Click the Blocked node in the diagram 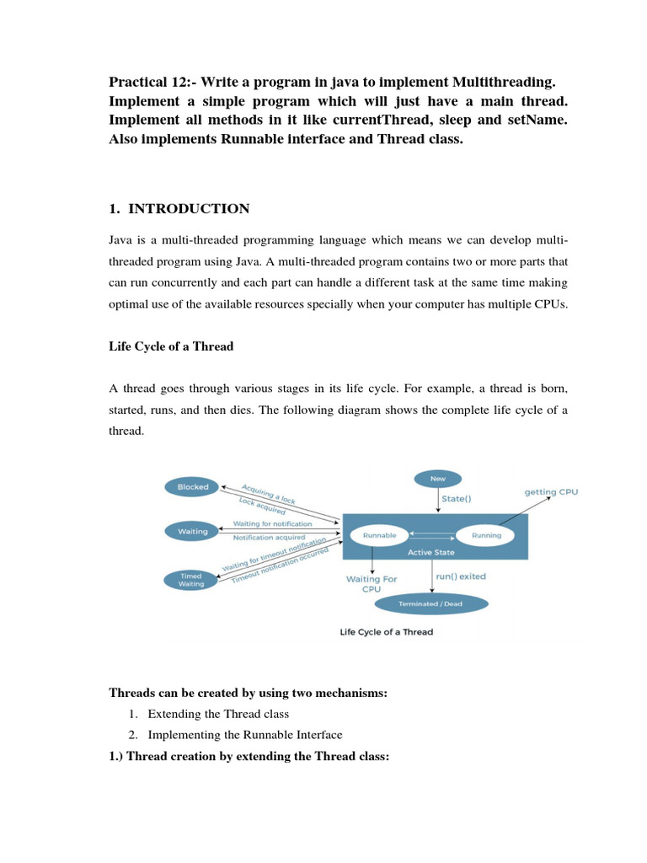tap(186, 487)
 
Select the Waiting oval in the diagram tap(192, 532)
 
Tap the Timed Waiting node tap(190, 580)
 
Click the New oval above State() tap(438, 479)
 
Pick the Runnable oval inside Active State tap(379, 535)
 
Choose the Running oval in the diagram tap(487, 535)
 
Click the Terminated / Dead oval tap(430, 603)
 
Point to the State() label tap(457, 498)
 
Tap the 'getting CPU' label tap(551, 491)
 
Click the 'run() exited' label tap(460, 576)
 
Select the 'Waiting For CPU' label tap(371, 584)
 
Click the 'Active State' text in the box tap(431, 552)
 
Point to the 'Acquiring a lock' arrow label tap(269, 492)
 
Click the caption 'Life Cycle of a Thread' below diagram tap(387, 632)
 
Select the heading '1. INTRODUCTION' tap(179, 208)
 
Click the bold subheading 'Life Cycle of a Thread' tap(171, 346)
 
